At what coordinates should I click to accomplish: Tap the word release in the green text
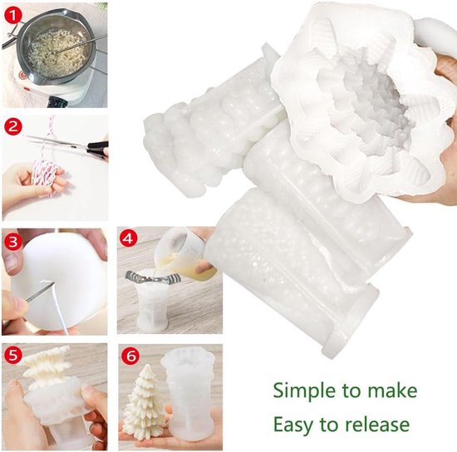coord(376,425)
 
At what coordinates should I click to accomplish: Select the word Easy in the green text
coord(293,425)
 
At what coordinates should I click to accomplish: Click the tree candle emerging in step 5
coord(47,370)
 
